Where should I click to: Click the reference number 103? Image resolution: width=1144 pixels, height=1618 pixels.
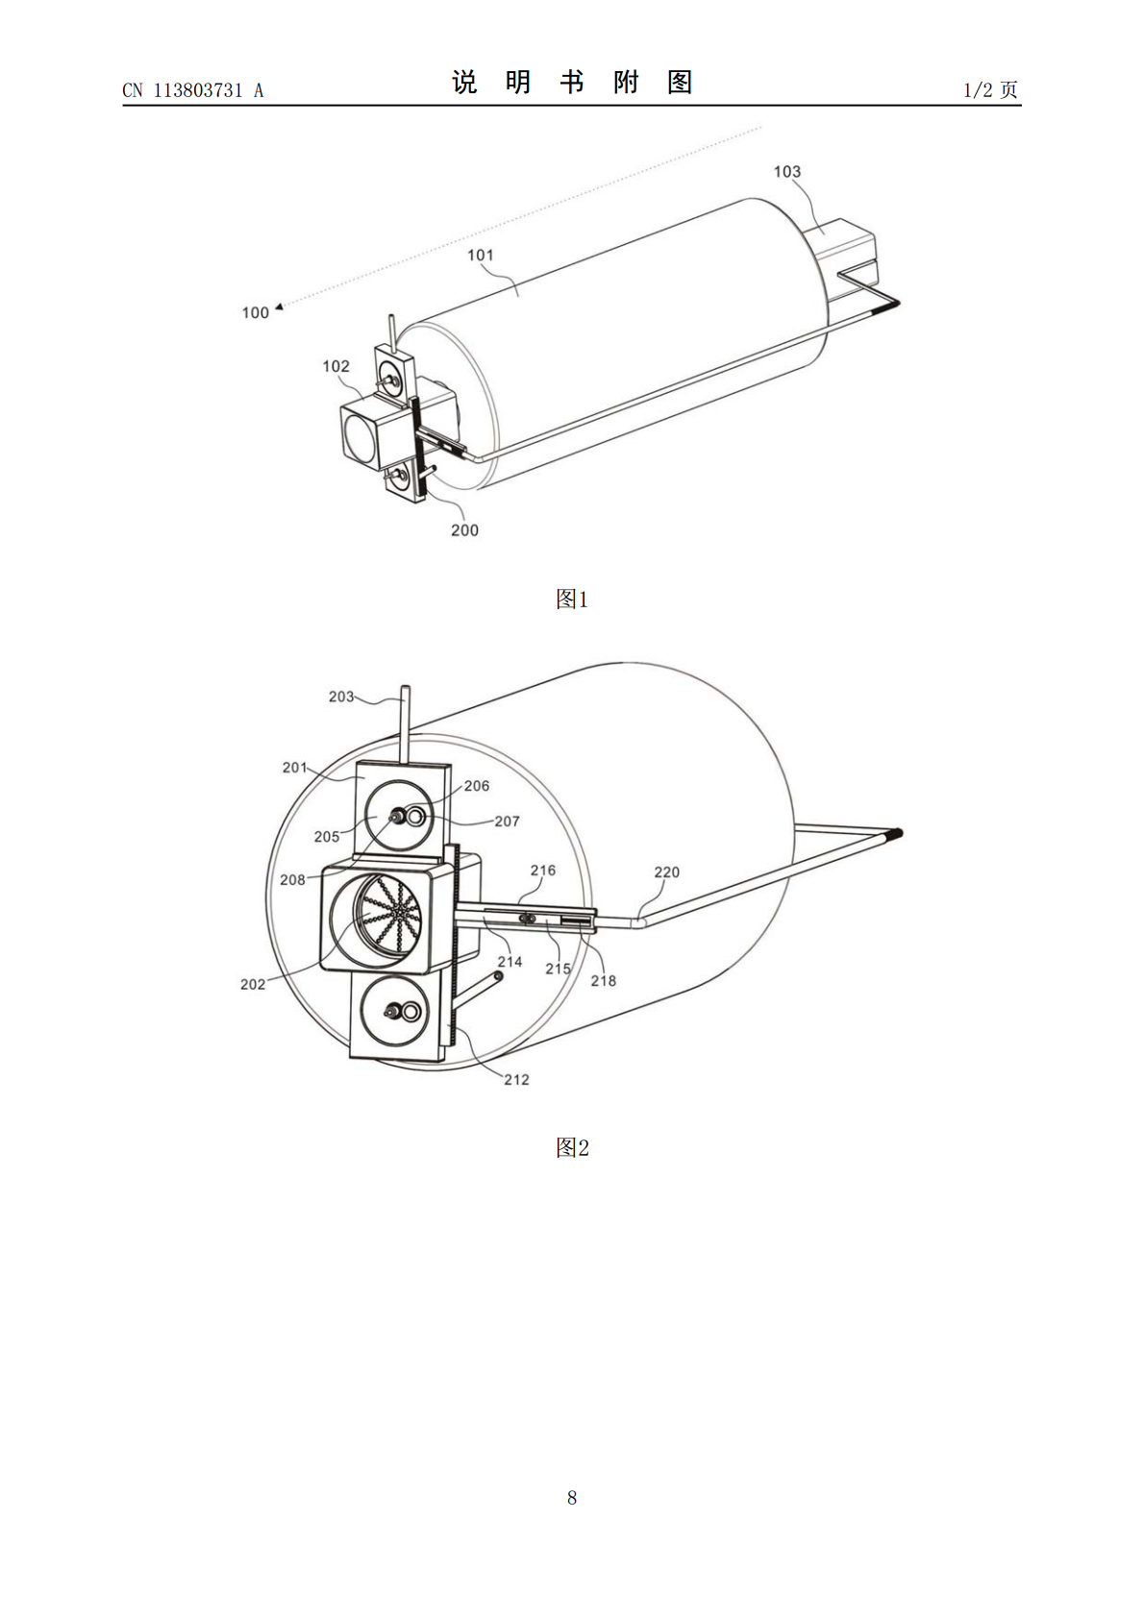point(787,172)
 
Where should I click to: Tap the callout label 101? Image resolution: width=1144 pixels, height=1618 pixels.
point(481,255)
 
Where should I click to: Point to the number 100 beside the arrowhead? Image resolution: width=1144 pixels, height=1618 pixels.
point(255,313)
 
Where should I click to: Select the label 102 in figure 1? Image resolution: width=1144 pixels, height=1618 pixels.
point(336,366)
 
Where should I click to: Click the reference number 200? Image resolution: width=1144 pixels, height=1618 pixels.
point(464,530)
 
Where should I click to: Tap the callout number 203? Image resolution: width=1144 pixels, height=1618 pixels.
point(341,697)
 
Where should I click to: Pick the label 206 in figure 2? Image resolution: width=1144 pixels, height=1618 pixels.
point(477,786)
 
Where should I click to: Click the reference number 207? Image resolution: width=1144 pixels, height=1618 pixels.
point(508,821)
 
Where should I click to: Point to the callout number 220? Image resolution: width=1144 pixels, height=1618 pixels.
point(667,871)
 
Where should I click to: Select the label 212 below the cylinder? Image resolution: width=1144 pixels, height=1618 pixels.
point(516,1079)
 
